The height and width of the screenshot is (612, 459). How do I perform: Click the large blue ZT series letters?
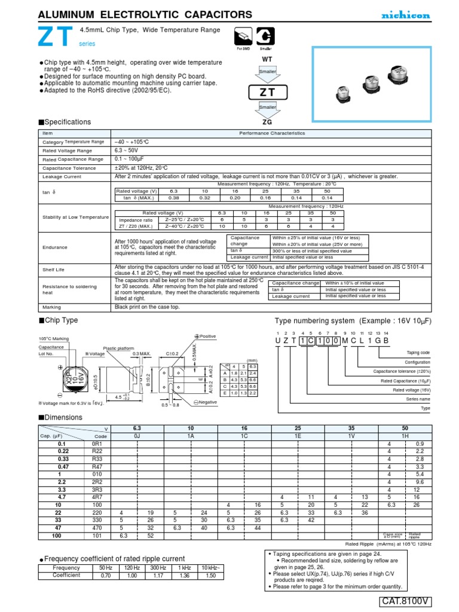tap(57, 36)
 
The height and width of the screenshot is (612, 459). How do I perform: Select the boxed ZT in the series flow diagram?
tap(268, 93)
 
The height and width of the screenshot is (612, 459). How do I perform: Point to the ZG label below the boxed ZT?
tap(267, 121)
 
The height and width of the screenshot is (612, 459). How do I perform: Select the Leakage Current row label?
tap(61, 177)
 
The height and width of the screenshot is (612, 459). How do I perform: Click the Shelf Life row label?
tap(53, 270)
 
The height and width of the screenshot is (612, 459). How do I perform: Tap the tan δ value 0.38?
tap(157, 197)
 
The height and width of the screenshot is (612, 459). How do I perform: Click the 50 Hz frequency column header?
tap(106, 567)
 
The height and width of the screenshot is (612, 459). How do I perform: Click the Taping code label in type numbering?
tap(418, 353)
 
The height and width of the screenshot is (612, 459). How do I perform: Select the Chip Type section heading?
tap(62, 320)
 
